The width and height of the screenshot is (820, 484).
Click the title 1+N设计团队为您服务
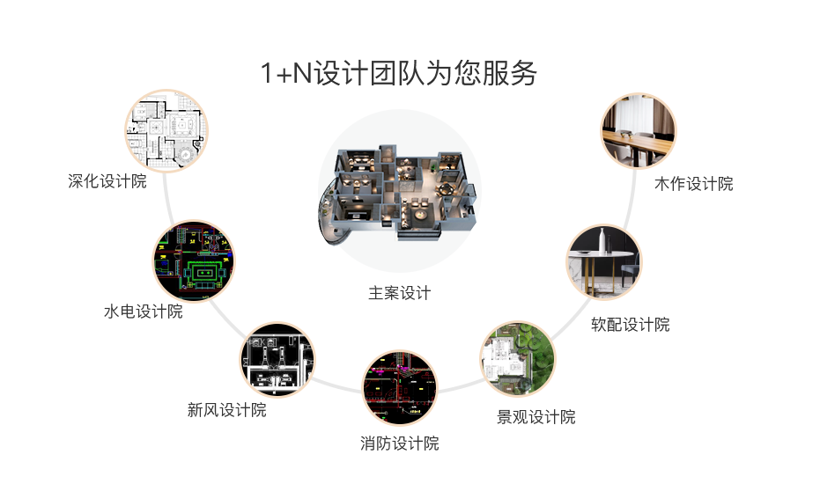[x=398, y=73]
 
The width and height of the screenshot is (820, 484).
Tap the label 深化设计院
[x=107, y=181]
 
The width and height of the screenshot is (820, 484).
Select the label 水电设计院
[x=144, y=312]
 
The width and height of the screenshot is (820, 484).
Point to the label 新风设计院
[x=227, y=410]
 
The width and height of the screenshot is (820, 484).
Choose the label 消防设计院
[x=400, y=444]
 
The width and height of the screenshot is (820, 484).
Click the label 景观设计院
[x=536, y=417]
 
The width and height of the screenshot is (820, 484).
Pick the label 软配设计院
[x=631, y=325]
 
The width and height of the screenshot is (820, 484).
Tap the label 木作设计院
[x=694, y=183]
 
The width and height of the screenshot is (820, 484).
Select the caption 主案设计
[x=400, y=293]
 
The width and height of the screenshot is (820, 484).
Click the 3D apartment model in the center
[x=397, y=194]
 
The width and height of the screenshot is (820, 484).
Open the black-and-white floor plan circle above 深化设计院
[x=166, y=130]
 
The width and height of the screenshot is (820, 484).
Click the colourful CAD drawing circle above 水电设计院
[x=194, y=260]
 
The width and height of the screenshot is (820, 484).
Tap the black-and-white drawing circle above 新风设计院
[x=277, y=360]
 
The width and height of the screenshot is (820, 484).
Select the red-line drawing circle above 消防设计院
[x=400, y=388]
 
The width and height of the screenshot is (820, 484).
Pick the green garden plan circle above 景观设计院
[x=518, y=359]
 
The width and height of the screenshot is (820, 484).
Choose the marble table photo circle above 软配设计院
[x=604, y=262]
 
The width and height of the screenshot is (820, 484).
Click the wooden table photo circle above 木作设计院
[x=639, y=131]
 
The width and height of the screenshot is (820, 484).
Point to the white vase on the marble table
[x=603, y=240]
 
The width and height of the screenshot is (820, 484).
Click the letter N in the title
[x=302, y=73]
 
